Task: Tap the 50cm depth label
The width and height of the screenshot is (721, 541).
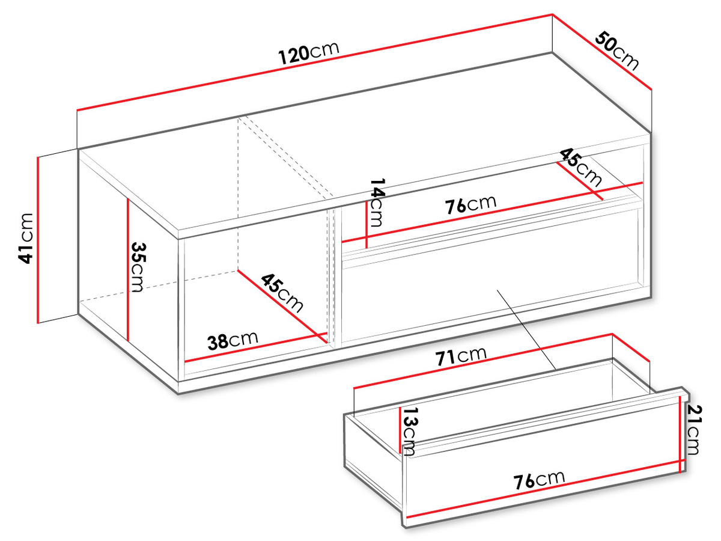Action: click(x=616, y=50)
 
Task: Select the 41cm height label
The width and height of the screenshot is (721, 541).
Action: click(x=26, y=239)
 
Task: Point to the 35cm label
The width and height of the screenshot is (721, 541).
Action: click(x=138, y=267)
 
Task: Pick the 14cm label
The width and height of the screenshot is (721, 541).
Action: click(x=377, y=203)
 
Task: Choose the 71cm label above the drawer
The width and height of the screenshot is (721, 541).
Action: click(x=461, y=356)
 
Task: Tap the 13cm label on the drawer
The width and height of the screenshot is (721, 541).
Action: click(x=409, y=431)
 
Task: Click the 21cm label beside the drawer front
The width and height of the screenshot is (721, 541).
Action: click(x=693, y=430)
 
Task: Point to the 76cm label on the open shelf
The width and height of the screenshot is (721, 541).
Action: click(x=470, y=204)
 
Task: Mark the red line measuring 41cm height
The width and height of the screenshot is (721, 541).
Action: click(x=38, y=240)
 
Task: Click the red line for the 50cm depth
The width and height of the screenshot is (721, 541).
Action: click(x=602, y=52)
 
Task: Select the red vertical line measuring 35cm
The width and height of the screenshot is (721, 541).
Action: click(x=127, y=270)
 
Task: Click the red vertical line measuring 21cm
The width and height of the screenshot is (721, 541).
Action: click(x=680, y=434)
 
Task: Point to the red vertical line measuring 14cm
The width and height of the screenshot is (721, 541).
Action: click(x=367, y=225)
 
